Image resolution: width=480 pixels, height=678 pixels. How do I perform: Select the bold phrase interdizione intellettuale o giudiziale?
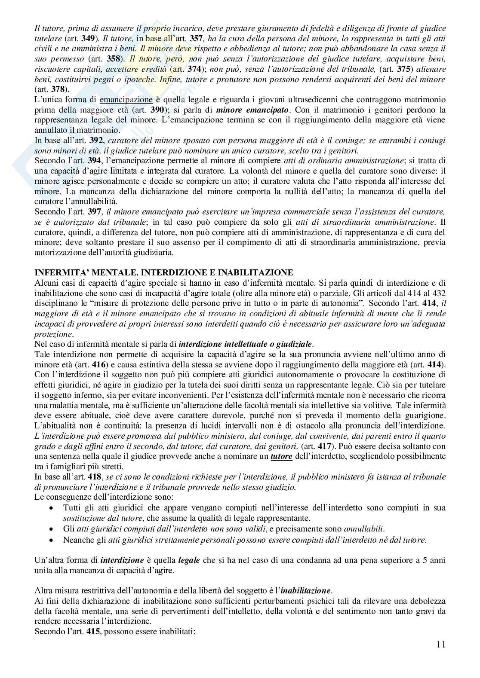245,344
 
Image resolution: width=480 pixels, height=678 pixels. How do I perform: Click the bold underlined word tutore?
281,456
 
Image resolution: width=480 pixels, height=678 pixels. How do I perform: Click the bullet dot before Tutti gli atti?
52,508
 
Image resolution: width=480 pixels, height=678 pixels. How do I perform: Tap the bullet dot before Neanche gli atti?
52,539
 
